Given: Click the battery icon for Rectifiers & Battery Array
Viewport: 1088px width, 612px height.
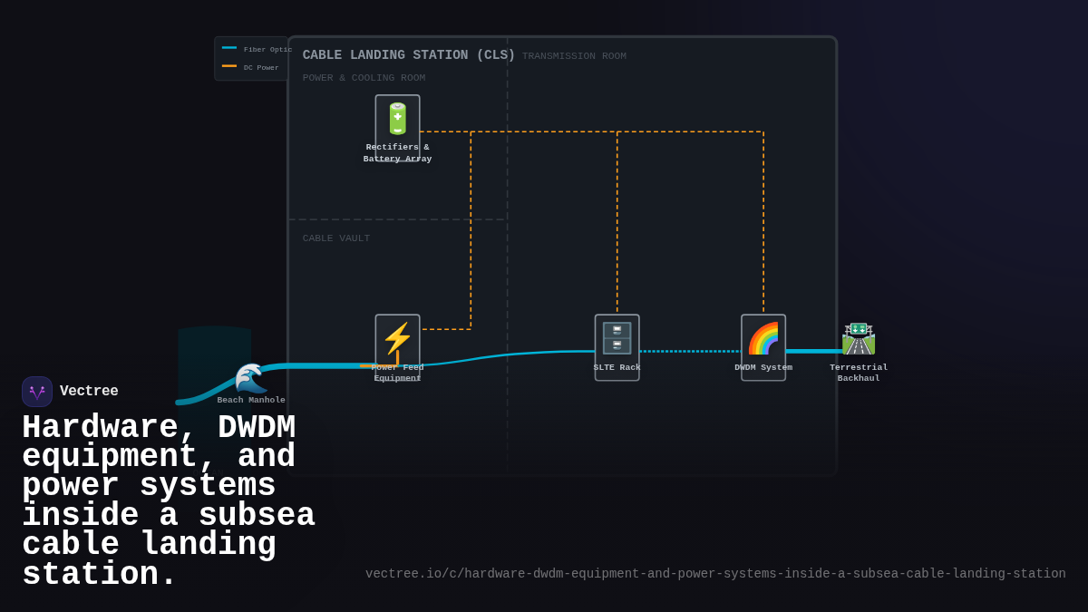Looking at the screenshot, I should [x=397, y=119].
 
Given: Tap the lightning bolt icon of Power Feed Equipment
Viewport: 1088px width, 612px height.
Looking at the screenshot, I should [x=397, y=338].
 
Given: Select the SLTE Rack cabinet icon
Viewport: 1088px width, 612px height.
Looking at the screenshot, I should [x=617, y=338].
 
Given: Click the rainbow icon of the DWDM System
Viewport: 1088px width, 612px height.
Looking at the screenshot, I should [x=763, y=338].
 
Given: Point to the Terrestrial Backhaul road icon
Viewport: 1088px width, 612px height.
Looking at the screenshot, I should [x=858, y=338].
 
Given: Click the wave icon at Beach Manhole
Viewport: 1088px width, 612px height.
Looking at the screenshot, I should [x=250, y=377].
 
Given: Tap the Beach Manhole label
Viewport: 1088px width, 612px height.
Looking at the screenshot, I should [x=251, y=400].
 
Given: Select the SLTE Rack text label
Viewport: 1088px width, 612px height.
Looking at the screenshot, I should [x=617, y=367].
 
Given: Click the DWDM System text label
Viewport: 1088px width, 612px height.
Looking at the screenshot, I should [x=763, y=367].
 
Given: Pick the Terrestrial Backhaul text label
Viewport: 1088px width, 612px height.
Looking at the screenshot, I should [x=858, y=373].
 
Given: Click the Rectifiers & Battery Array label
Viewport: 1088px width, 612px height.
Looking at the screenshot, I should [x=397, y=152].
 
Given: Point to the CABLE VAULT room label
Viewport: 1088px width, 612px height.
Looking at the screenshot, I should [x=335, y=238].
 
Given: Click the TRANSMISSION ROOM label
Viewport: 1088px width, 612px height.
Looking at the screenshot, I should [x=574, y=56].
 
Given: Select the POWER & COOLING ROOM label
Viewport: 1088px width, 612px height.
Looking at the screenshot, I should [x=364, y=78].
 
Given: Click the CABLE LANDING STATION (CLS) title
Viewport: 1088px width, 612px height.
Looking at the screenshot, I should [x=408, y=55].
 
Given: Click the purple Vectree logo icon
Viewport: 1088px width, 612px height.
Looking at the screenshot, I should [x=37, y=392].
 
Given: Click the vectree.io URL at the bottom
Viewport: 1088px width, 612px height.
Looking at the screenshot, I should [x=714, y=574].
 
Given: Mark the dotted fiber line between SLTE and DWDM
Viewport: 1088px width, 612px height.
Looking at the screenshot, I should [x=689, y=351].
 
